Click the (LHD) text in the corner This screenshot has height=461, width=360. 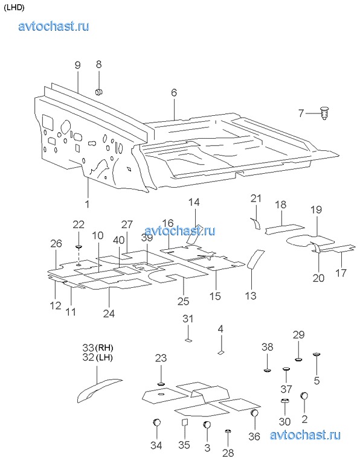14,8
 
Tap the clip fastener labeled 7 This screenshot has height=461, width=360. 324,113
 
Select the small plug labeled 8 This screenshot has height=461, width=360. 98,92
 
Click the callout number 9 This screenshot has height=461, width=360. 78,65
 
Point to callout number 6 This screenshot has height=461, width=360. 174,92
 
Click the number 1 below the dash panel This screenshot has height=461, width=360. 87,203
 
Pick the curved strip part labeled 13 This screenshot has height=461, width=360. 256,259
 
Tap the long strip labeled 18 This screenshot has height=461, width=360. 284,229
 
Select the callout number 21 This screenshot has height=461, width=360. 256,199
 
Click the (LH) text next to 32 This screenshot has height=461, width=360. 104,357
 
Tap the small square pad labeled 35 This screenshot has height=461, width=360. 185,422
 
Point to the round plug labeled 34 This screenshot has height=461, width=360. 157,422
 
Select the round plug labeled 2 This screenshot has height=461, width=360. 304,396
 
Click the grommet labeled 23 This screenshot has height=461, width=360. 161,384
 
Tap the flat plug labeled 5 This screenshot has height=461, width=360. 317,355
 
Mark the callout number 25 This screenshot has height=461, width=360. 183,301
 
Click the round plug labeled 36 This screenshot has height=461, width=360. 255,413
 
